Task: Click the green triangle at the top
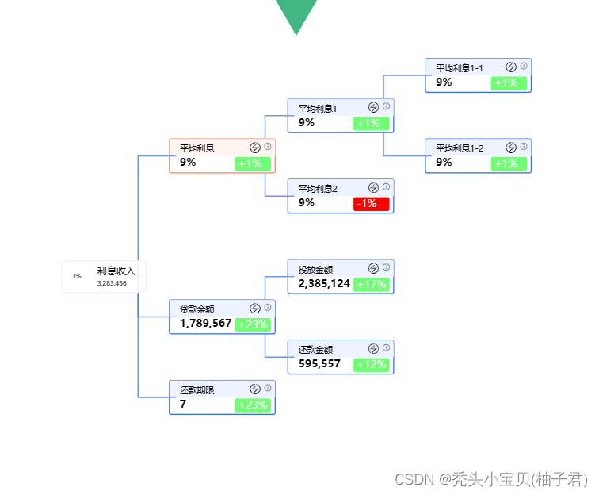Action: (296, 13)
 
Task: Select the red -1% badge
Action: (371, 204)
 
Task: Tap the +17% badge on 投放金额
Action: (371, 284)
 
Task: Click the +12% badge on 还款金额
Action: (371, 364)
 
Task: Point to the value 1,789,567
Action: (205, 324)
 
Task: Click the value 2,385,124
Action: (324, 283)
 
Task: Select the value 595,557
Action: (319, 364)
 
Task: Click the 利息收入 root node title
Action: (116, 271)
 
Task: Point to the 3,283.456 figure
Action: (112, 283)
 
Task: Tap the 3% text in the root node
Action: (77, 276)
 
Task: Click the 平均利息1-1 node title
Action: (460, 68)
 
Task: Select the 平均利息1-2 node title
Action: (460, 148)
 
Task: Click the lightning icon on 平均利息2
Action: (373, 188)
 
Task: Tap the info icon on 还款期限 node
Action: (268, 388)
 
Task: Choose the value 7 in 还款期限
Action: (183, 405)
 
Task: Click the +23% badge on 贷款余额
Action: (253, 324)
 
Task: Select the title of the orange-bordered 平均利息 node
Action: (196, 148)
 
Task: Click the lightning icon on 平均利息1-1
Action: (511, 67)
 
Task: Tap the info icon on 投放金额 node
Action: (387, 267)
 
